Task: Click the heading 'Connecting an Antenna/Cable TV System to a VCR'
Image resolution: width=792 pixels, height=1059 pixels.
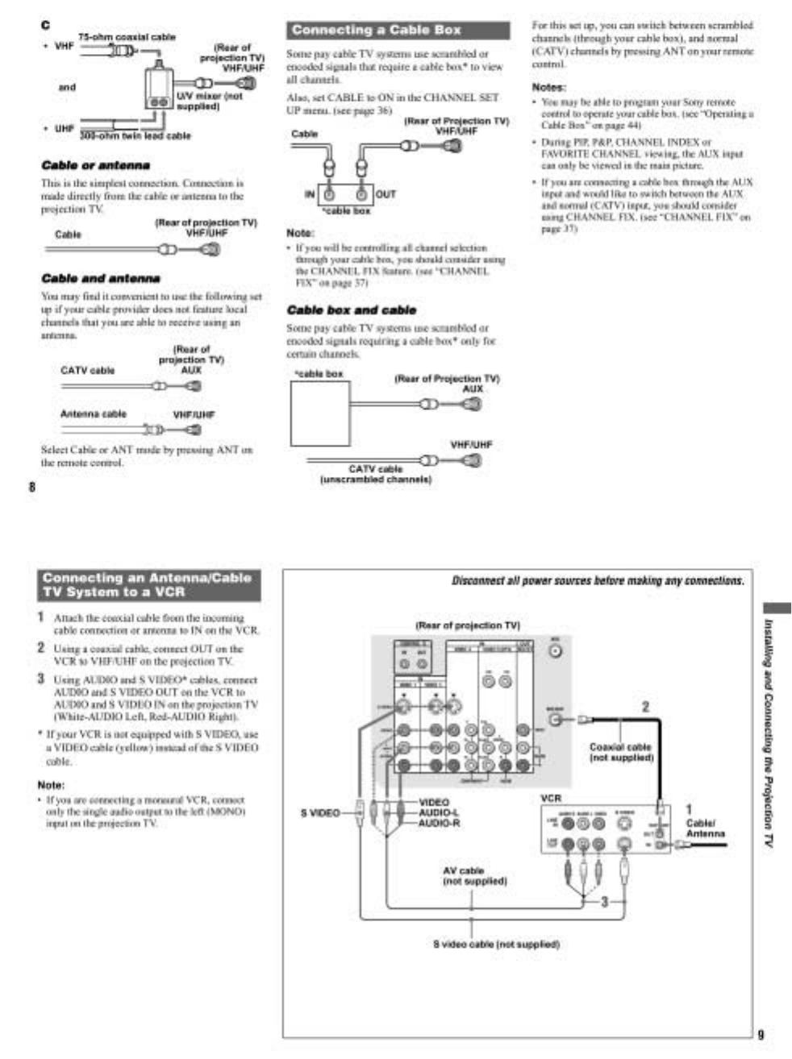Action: click(148, 585)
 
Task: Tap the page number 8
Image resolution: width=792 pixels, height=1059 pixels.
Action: click(32, 488)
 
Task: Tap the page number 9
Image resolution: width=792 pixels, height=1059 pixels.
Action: click(761, 1035)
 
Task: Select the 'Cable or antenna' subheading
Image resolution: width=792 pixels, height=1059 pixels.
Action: click(95, 165)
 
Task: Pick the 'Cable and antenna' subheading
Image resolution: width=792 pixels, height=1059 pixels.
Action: click(101, 279)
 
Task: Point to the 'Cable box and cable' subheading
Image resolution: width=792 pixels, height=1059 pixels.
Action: click(352, 310)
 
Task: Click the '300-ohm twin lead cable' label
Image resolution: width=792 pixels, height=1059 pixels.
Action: click(135, 135)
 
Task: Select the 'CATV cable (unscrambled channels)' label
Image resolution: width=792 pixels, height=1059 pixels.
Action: click(376, 474)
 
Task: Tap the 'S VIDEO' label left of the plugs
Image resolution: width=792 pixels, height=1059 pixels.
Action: click(320, 813)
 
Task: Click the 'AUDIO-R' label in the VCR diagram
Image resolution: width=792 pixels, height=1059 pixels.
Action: click(439, 823)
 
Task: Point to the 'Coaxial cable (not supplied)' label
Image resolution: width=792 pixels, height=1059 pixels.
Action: click(621, 752)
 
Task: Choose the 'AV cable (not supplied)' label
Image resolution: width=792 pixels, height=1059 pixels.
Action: click(475, 876)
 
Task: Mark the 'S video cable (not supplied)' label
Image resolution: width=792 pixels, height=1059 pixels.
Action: click(496, 944)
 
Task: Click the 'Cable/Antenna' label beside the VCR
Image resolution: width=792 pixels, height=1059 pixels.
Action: click(705, 829)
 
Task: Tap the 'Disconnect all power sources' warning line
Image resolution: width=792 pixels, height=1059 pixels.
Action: click(598, 581)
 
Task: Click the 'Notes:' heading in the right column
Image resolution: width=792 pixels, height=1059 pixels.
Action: click(548, 87)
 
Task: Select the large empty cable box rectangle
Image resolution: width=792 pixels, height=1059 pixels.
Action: click(320, 413)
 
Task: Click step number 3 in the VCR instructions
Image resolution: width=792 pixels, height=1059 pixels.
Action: click(41, 679)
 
